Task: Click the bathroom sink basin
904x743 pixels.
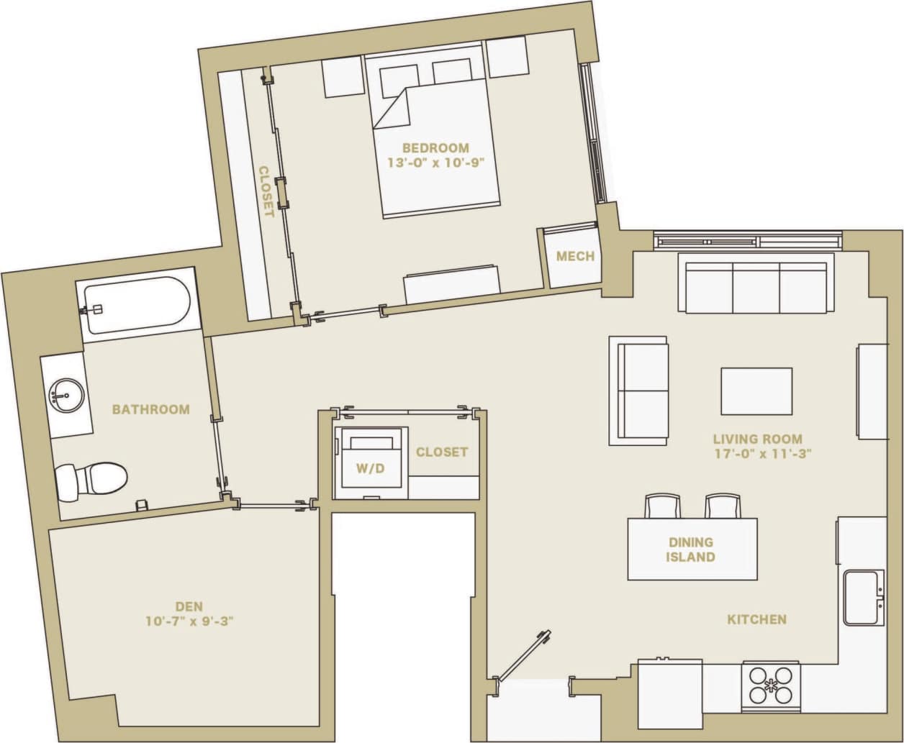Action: (65, 396)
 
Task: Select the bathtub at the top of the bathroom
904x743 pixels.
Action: (137, 306)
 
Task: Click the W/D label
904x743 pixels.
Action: (371, 468)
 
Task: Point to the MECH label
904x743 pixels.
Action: (576, 257)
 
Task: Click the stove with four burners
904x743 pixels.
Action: (771, 685)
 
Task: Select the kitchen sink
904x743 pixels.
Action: (862, 598)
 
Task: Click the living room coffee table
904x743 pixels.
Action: (756, 391)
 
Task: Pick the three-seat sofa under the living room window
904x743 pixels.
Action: (756, 286)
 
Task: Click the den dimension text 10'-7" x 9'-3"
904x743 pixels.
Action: (189, 621)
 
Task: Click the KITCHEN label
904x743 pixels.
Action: (756, 619)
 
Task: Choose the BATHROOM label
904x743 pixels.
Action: (151, 409)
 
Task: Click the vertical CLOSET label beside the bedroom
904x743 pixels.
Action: (266, 191)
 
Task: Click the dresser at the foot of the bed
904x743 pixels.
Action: (451, 284)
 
